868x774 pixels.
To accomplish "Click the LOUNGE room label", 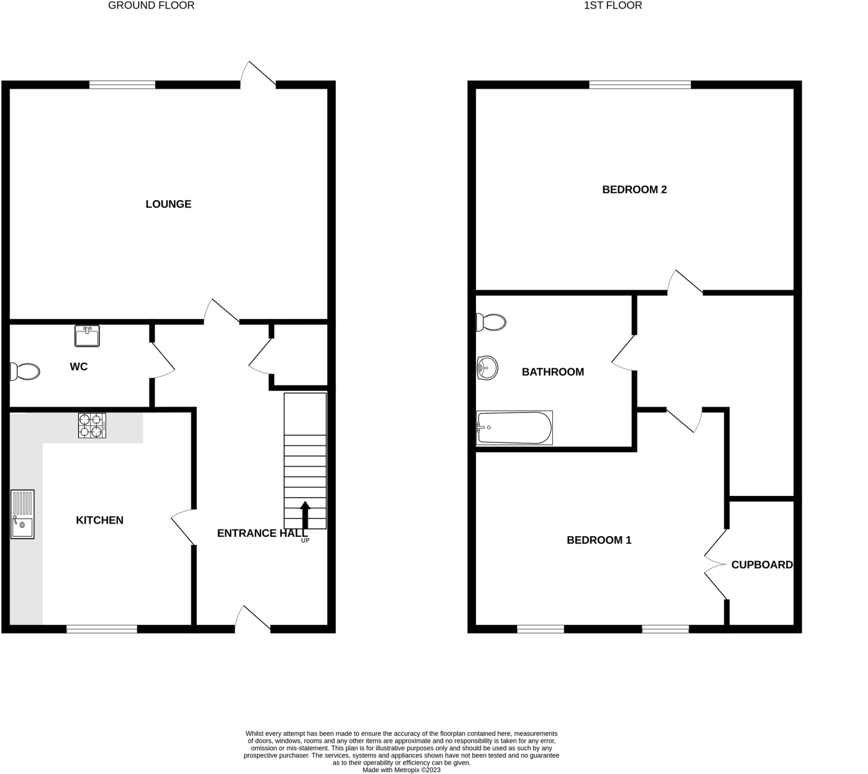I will (168, 204).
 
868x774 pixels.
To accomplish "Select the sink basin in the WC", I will (87, 336).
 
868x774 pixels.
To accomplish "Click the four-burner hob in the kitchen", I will (92, 425).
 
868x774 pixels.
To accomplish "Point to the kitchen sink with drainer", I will (22, 514).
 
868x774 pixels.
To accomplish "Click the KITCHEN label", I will (100, 520).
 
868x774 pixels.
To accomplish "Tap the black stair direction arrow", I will (305, 514).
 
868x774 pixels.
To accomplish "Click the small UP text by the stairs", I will (305, 540).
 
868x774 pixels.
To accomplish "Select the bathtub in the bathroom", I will (514, 428).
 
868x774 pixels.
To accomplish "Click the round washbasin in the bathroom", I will (487, 368).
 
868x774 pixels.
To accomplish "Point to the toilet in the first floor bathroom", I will (491, 322).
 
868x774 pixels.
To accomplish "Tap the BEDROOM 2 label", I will (634, 189).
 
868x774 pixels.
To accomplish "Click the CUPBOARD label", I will (762, 565).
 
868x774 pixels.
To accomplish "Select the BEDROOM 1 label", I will (599, 540).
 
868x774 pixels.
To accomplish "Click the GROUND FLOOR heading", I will (151, 6).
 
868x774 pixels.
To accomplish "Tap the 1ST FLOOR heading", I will (612, 6).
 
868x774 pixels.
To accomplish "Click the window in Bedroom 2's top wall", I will (640, 85).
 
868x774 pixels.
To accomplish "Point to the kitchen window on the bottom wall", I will (102, 629).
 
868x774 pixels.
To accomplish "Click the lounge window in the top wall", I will (122, 85).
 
